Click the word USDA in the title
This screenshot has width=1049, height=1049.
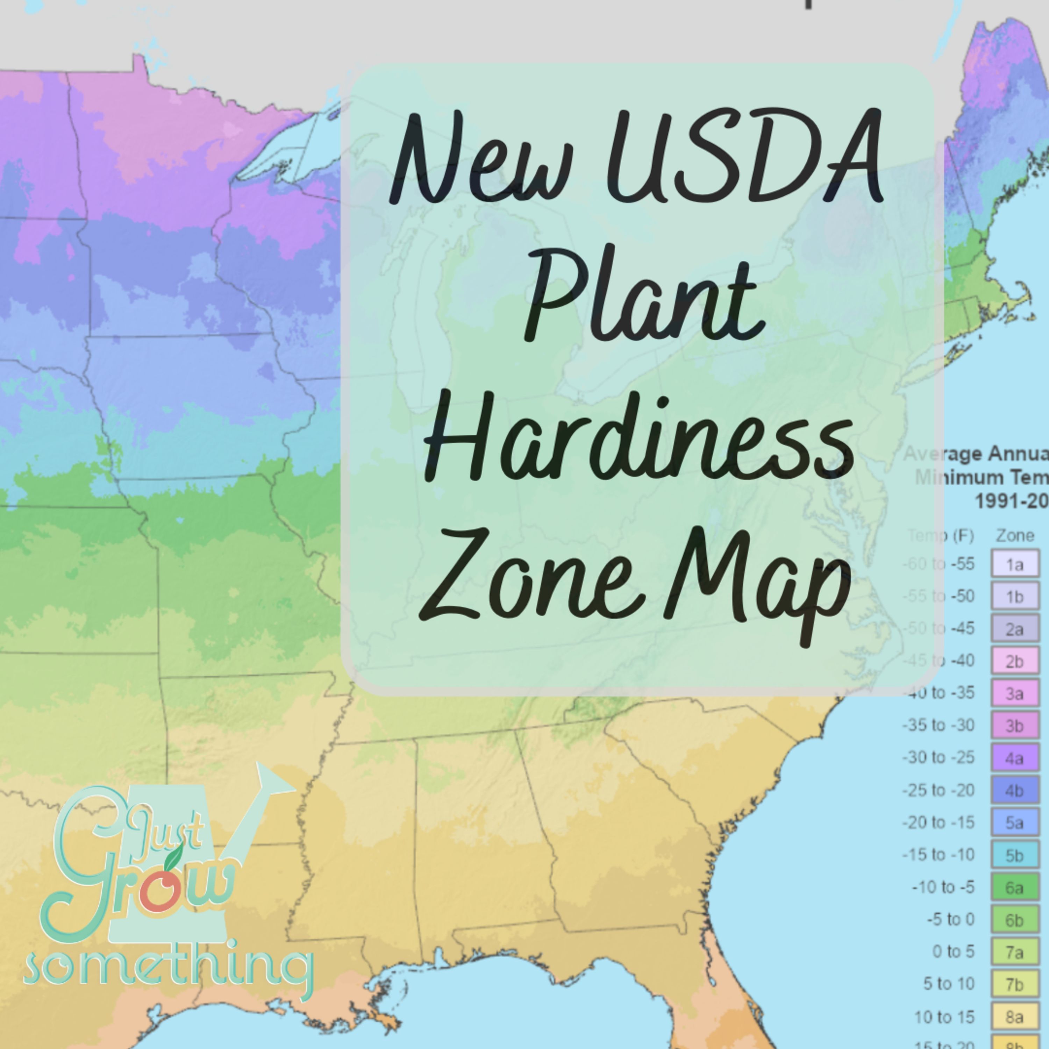(744, 157)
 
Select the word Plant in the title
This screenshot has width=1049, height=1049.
(643, 296)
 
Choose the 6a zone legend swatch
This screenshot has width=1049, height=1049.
(1015, 887)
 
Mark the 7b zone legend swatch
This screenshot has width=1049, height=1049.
(1015, 984)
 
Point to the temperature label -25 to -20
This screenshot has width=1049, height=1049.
(938, 790)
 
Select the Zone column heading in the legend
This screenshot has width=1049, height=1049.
(1015, 536)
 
